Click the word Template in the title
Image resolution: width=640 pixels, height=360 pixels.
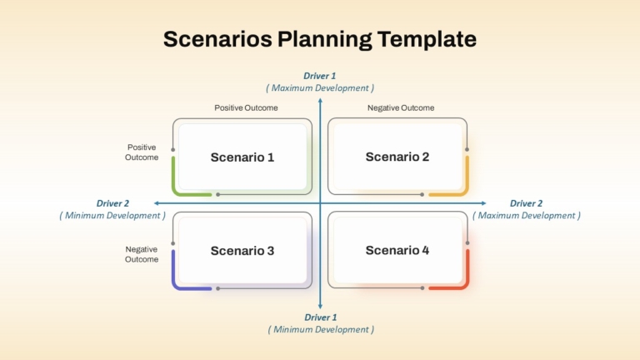click(427, 40)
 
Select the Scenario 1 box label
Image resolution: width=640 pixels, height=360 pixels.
click(242, 157)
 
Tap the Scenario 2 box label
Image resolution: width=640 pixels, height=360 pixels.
click(397, 157)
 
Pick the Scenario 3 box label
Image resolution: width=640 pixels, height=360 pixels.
click(242, 251)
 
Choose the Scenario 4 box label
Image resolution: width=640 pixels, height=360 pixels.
click(397, 250)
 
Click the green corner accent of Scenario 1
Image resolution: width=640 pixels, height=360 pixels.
click(177, 191)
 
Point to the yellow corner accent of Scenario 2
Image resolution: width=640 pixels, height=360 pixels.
click(464, 191)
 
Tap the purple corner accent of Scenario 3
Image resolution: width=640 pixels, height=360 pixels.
click(177, 284)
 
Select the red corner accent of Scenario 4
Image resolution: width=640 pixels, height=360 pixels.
click(464, 284)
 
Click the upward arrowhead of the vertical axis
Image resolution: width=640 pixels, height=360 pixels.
click(320, 100)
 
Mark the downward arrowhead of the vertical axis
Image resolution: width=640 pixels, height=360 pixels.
click(320, 307)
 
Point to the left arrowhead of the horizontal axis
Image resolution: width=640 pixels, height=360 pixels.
click(156, 202)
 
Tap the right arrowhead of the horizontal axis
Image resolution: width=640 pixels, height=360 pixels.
click(484, 202)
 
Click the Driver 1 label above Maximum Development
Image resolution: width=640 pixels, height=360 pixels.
click(320, 76)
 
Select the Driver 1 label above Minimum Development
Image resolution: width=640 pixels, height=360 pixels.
click(320, 317)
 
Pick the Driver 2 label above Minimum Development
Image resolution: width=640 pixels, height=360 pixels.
click(112, 203)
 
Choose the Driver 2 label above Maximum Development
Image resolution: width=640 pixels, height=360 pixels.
click(526, 203)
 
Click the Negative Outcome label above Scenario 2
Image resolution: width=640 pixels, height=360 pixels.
click(401, 107)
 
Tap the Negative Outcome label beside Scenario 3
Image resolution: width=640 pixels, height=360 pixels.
click(142, 254)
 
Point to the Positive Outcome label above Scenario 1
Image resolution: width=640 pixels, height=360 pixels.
click(246, 107)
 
